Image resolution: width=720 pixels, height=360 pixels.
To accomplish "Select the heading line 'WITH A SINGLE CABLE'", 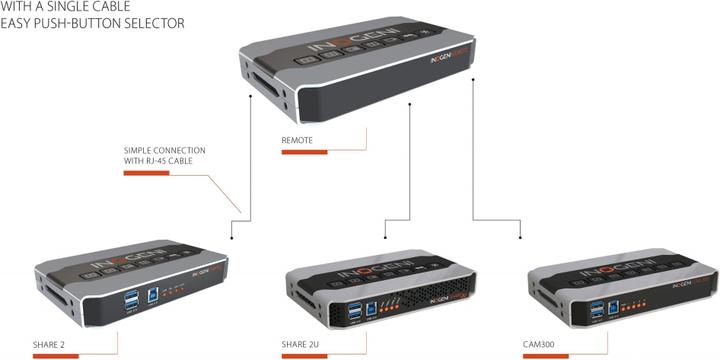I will pyautogui.click(x=61, y=6).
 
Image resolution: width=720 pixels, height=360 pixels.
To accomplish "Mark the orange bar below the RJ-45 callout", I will pyautogui.click(x=145, y=172).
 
